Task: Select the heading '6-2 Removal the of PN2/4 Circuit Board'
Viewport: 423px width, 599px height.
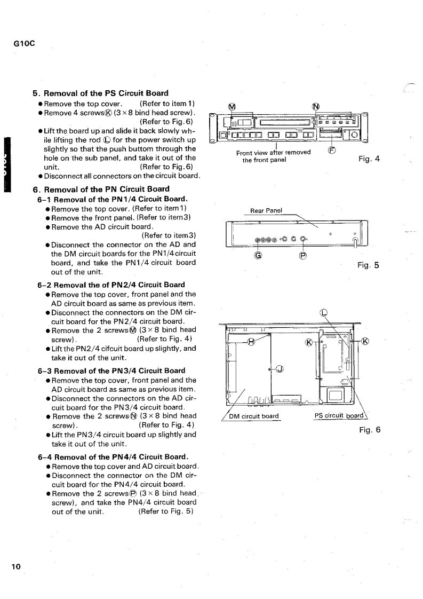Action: (x=111, y=285)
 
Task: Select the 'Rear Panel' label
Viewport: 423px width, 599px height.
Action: (x=266, y=210)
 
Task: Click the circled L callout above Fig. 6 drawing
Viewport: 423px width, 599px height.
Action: (x=322, y=313)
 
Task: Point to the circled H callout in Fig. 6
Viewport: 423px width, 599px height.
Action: (x=259, y=342)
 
